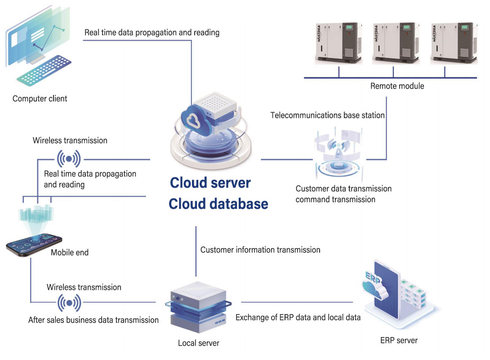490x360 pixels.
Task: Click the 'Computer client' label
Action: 40,99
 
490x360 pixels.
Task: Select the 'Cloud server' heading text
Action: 210,183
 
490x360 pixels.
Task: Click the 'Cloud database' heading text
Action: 218,204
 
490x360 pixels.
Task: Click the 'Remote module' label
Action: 397,85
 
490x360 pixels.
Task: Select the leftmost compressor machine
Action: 334,43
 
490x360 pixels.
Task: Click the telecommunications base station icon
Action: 337,155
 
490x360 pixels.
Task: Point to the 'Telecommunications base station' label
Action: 327,115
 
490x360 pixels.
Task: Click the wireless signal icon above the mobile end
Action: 68,159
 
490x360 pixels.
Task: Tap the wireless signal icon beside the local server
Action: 69,303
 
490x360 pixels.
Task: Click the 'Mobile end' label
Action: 70,252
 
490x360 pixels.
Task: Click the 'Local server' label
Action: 198,343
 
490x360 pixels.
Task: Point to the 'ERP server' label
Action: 399,340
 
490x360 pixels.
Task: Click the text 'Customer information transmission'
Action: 260,249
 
